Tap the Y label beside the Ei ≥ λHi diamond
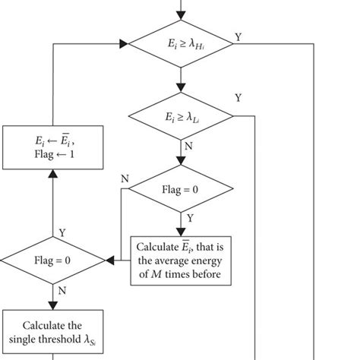[238, 36]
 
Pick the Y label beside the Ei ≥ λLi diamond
[238, 98]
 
